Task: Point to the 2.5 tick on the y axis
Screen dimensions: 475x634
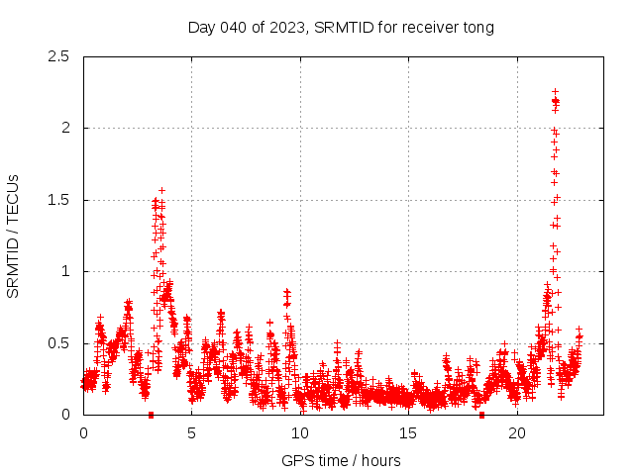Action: click(62, 56)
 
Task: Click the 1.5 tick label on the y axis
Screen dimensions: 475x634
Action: click(62, 200)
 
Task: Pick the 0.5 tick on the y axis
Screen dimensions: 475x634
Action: click(62, 343)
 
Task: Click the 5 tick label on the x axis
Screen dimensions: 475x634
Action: click(191, 432)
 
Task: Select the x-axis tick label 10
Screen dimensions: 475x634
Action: click(300, 432)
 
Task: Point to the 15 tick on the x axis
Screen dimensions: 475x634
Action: click(408, 432)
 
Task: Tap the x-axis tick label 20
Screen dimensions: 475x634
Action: click(517, 432)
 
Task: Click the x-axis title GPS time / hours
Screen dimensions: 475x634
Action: click(341, 460)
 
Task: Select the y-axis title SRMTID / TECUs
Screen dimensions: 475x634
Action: click(13, 236)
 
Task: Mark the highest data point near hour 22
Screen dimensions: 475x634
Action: click(555, 92)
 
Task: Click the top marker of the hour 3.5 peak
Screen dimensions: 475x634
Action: click(161, 190)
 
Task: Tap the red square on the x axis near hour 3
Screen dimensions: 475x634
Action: click(151, 415)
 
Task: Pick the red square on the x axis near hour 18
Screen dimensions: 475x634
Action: click(481, 415)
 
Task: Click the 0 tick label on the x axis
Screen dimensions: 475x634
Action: click(83, 432)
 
